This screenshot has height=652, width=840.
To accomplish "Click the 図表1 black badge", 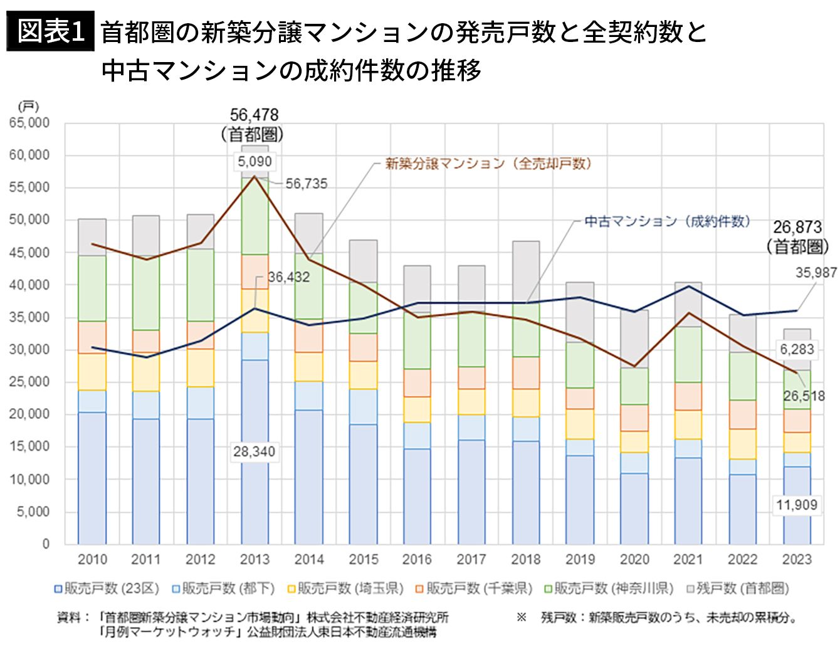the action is pyautogui.click(x=50, y=31).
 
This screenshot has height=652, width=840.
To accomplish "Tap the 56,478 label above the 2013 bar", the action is pyautogui.click(x=254, y=115).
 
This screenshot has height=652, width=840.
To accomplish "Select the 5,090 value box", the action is pyautogui.click(x=255, y=161).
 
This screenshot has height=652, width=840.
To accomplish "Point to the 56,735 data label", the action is pyautogui.click(x=306, y=184).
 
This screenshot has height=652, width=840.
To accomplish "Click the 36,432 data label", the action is pyautogui.click(x=289, y=277).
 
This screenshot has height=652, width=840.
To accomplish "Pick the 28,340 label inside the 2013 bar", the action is pyautogui.click(x=254, y=451).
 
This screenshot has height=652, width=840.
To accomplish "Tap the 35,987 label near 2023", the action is pyautogui.click(x=816, y=273).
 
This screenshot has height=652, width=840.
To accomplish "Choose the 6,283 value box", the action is pyautogui.click(x=797, y=349).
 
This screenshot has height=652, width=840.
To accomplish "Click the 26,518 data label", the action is pyautogui.click(x=804, y=396).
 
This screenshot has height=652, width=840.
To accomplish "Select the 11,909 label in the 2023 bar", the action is pyautogui.click(x=797, y=505).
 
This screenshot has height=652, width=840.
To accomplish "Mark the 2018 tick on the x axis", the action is pyautogui.click(x=526, y=559).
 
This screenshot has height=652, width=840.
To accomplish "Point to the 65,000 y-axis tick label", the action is pyautogui.click(x=29, y=123).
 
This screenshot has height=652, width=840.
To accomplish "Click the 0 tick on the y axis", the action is pyautogui.click(x=46, y=544).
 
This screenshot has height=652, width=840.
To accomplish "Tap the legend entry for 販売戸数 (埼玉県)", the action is pyautogui.click(x=345, y=588).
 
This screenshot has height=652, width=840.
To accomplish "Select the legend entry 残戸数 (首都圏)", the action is pyautogui.click(x=738, y=588).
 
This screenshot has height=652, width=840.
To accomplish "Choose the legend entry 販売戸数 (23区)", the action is pyautogui.click(x=107, y=588).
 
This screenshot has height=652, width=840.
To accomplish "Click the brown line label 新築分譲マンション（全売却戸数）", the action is pyautogui.click(x=488, y=164).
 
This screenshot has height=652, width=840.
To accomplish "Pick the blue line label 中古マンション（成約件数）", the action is pyautogui.click(x=667, y=221).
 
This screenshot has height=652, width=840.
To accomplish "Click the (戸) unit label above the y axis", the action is pyautogui.click(x=28, y=107).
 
